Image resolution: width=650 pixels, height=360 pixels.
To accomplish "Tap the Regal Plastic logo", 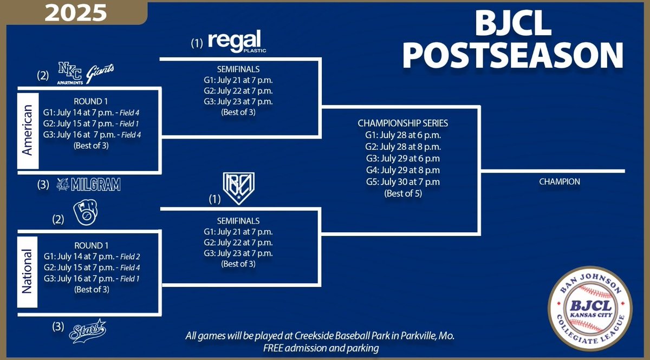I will point(235,42).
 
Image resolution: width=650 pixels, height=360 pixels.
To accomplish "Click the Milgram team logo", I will point(88,185).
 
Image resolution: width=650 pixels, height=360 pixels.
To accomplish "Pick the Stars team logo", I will point(87,331).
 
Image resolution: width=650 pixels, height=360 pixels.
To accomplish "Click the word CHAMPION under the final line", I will point(560,182).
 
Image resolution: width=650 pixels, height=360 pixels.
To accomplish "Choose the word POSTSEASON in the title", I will point(513,56).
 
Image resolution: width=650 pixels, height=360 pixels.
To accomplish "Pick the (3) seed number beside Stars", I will point(58,326).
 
